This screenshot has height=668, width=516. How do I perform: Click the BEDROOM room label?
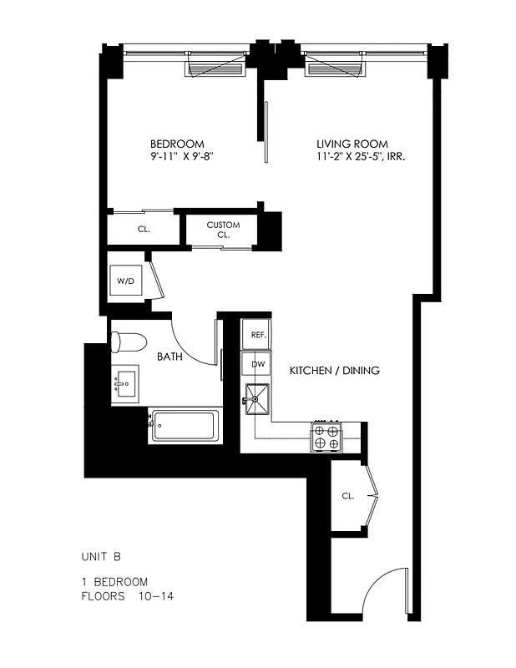coord(176,144)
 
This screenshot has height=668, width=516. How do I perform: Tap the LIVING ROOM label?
coord(352,144)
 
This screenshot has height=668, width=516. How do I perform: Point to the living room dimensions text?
coord(361,157)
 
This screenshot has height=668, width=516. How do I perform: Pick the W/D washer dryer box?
coord(126,281)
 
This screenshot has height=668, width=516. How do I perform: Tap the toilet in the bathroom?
coord(129,342)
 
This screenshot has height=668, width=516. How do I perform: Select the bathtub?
coord(185,427)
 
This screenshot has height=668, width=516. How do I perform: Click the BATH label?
coord(170,357)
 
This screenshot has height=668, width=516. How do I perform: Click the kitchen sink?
coord(258,399)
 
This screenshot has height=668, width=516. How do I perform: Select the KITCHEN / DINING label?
coord(334,370)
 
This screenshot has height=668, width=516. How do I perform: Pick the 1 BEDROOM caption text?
coord(114,582)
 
